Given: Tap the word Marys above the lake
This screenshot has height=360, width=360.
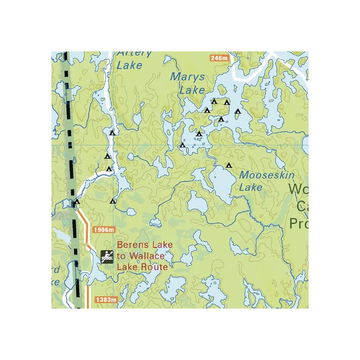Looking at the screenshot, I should pyautogui.click(x=188, y=78).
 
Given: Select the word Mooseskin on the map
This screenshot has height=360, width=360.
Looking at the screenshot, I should pyautogui.click(x=267, y=175).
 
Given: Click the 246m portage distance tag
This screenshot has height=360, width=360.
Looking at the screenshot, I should pyautogui.click(x=219, y=58).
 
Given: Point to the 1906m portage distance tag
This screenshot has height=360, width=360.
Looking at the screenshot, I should pyautogui.click(x=103, y=229).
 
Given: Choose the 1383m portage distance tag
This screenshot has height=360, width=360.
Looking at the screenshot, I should pyautogui.click(x=106, y=299).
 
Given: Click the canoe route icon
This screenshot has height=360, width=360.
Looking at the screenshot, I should pyautogui.click(x=107, y=256).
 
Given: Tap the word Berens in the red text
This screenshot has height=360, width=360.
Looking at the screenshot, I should pyautogui.click(x=131, y=245).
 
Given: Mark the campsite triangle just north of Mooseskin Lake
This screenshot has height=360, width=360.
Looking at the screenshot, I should pyautogui.click(x=229, y=165).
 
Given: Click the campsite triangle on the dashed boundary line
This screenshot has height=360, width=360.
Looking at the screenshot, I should pyautogui.click(x=77, y=202).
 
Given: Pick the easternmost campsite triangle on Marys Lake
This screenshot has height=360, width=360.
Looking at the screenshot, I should pyautogui.click(x=238, y=111).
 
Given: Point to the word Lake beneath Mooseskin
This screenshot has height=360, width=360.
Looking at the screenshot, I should pyautogui.click(x=250, y=188).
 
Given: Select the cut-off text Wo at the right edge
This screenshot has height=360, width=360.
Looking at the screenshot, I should pyautogui.click(x=298, y=189).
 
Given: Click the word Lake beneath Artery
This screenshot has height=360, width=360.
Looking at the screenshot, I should pyautogui.click(x=130, y=65).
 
